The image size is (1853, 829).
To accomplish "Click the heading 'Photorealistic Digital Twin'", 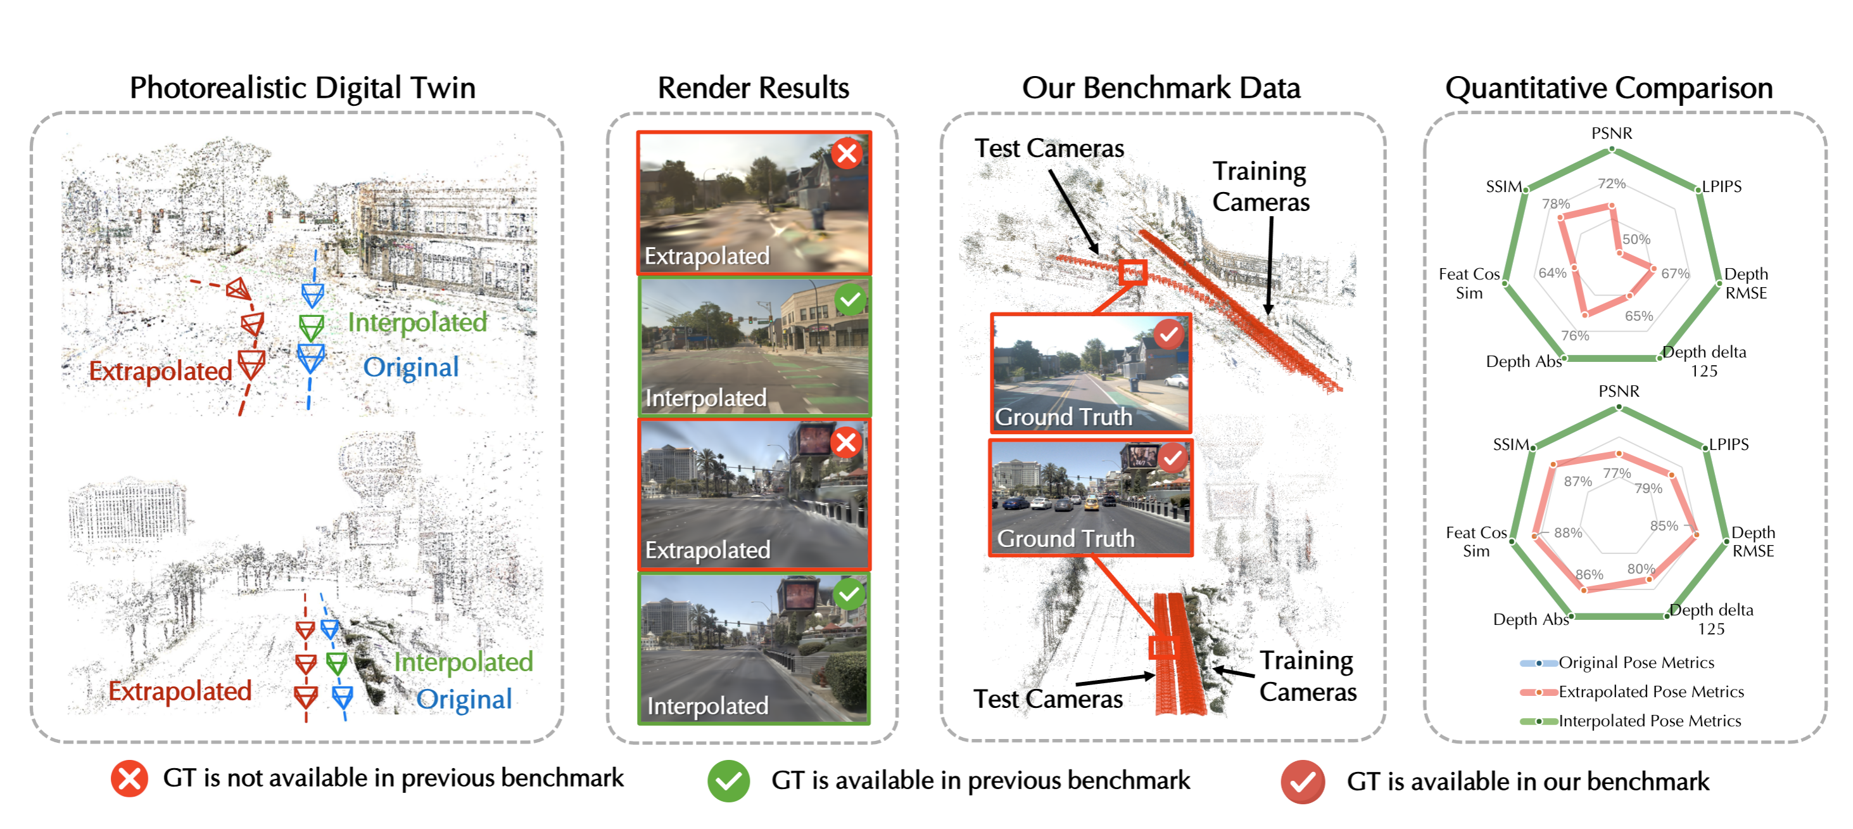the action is pos(302,89).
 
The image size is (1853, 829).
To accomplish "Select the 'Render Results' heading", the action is pos(753,88).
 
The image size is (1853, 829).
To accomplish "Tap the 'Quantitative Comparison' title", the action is pos(1609,89).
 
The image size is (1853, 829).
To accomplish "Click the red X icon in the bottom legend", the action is pos(129,779).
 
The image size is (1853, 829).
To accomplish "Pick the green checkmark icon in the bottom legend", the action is pos(728,781).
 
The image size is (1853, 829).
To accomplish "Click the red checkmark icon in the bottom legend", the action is pos(1302,781).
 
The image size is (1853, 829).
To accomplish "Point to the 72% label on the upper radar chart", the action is pos(1611,184).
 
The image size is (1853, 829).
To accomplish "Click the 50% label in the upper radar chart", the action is pos(1636,239).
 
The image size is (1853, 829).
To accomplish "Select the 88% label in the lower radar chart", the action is pos(1567,532).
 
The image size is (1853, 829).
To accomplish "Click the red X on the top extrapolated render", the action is pos(847,153).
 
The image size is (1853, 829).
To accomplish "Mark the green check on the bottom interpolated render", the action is pos(849,594).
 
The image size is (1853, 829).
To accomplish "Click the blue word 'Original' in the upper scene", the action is pos(411,368).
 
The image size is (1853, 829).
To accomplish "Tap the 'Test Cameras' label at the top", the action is pos(1049,148).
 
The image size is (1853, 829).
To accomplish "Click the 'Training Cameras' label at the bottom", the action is pos(1307,676).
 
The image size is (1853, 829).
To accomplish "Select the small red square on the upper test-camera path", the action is pos(1132,273).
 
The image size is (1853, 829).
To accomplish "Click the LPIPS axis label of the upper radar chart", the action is pos(1721,186).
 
